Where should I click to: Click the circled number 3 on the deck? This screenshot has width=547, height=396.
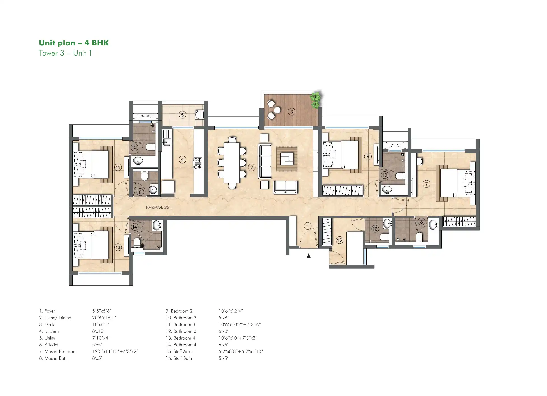pyautogui.click(x=292, y=112)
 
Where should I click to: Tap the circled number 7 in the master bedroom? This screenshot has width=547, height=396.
pyautogui.click(x=426, y=184)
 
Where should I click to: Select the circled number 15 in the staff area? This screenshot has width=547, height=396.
pyautogui.click(x=339, y=240)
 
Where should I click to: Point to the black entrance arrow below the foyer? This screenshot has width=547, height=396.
pyautogui.click(x=308, y=255)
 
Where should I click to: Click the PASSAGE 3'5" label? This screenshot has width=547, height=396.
pyautogui.click(x=158, y=207)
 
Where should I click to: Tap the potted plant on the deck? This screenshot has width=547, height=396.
pyautogui.click(x=316, y=100)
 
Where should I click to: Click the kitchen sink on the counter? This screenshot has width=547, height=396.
pyautogui.click(x=166, y=142)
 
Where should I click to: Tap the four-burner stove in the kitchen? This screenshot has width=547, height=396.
pyautogui.click(x=197, y=163)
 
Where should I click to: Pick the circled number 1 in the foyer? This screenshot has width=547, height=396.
pyautogui.click(x=308, y=226)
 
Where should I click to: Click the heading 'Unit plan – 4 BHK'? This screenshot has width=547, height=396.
pyautogui.click(x=74, y=43)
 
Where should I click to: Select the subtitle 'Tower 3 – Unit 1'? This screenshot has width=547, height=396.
pyautogui.click(x=65, y=53)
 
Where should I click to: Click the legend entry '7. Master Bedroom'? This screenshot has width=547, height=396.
pyautogui.click(x=58, y=351)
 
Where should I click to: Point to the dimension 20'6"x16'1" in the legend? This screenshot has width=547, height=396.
pyautogui.click(x=104, y=318)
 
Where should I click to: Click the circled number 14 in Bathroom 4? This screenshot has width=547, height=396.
pyautogui.click(x=135, y=227)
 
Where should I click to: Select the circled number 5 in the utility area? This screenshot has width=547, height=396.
pyautogui.click(x=182, y=115)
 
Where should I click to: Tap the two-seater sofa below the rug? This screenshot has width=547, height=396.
pyautogui.click(x=285, y=187)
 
